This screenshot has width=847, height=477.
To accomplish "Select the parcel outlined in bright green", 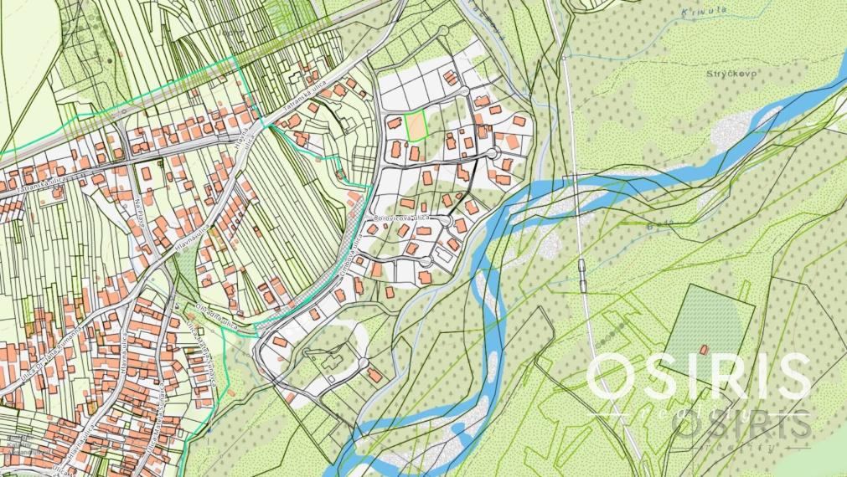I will pos(416,126).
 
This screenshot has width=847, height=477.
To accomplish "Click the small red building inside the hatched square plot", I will pos(703,348).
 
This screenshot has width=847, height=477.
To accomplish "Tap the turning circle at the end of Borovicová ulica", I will pos(460,224).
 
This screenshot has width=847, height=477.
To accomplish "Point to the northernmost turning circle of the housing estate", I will pos(444,30).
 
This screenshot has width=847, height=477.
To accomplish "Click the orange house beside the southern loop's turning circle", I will pos(374,375).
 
